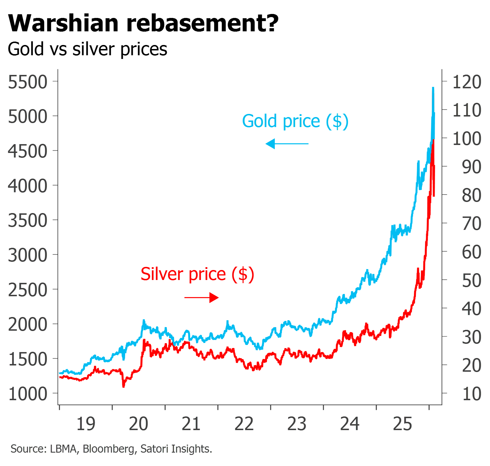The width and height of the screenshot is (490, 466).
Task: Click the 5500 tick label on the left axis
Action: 28,82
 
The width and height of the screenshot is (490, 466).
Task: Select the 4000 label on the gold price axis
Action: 28,186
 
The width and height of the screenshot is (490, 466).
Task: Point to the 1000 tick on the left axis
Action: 28,394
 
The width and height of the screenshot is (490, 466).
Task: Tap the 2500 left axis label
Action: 28,290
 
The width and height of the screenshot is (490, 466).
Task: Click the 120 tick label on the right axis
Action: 467,82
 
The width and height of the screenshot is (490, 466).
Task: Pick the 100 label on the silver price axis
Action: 467,139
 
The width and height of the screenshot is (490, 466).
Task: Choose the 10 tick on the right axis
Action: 472,394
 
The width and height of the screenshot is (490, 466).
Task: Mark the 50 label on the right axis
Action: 472,281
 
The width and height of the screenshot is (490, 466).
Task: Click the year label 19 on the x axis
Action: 86,424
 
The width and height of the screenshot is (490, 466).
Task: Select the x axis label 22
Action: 244,424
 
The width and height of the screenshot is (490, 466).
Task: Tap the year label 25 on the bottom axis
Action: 402,424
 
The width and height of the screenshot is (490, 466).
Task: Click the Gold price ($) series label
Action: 295,121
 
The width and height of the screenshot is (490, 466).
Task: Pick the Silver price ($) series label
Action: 198,274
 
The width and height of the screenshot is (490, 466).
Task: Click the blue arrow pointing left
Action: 287,144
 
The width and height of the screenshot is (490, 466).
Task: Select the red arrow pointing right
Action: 202,298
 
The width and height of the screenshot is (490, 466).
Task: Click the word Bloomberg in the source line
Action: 109,449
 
